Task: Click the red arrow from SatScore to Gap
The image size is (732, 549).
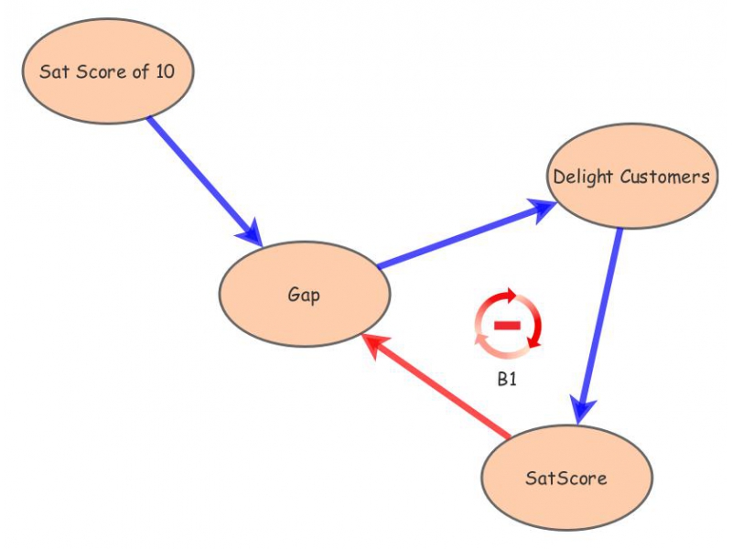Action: click(439, 384)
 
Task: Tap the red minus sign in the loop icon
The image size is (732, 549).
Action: click(507, 326)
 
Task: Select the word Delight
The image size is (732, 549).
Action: click(582, 177)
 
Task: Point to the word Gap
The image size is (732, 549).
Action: click(305, 295)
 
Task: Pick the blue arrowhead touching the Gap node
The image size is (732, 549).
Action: click(251, 233)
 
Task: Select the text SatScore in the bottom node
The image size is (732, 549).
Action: click(566, 478)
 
